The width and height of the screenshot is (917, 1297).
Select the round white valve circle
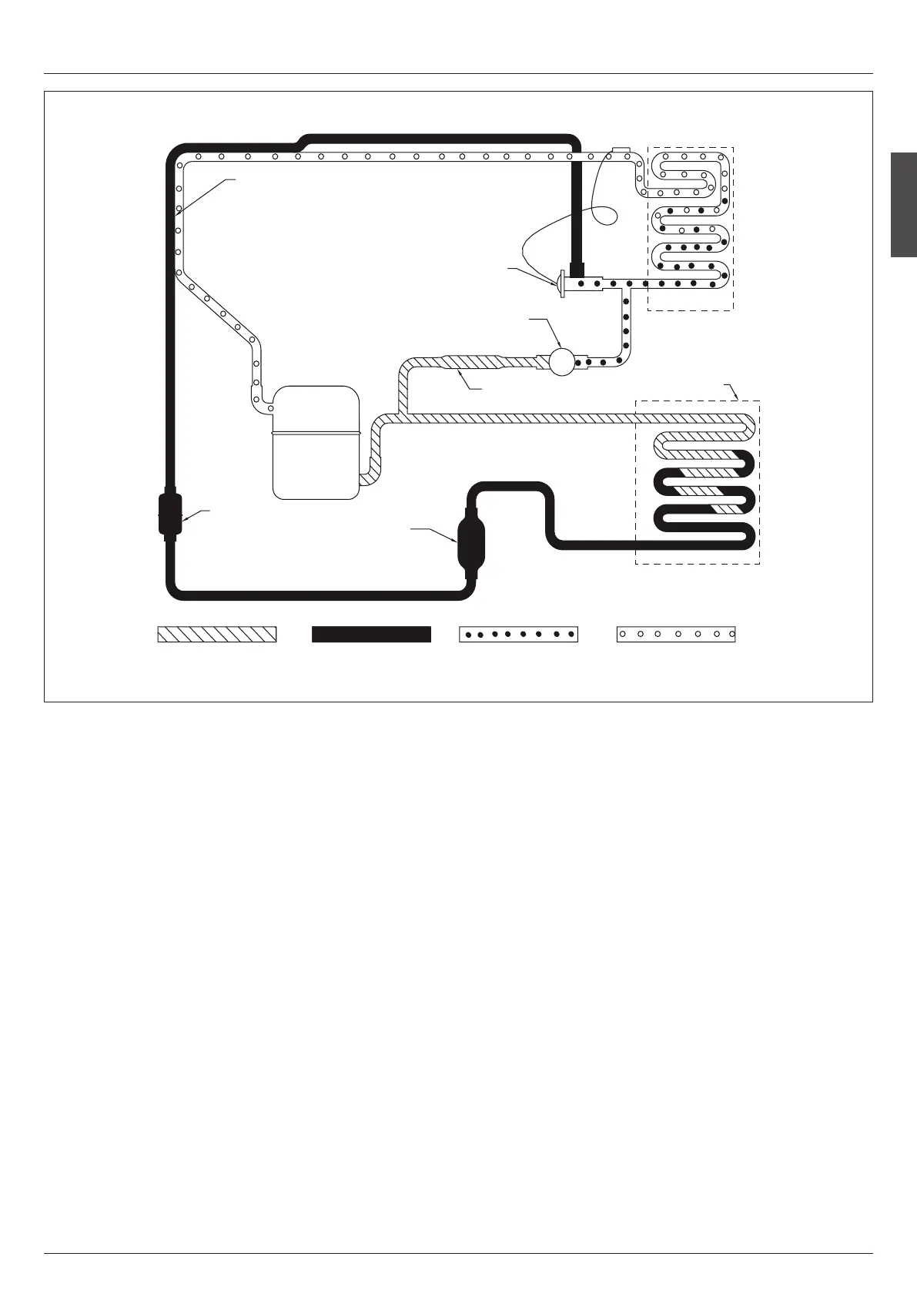(561, 362)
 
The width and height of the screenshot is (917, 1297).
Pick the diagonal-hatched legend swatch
(216, 634)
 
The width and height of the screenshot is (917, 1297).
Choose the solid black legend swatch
(370, 634)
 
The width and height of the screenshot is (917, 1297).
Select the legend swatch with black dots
(517, 634)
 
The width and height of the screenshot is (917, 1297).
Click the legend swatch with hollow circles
(676, 634)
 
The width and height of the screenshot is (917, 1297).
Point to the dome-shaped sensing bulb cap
(561, 282)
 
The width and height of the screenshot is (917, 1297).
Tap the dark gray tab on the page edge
(904, 205)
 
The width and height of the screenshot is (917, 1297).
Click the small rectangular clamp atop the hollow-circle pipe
(621, 149)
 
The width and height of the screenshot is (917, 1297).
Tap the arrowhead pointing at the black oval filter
(455, 542)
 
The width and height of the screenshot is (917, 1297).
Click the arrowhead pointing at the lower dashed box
(738, 397)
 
